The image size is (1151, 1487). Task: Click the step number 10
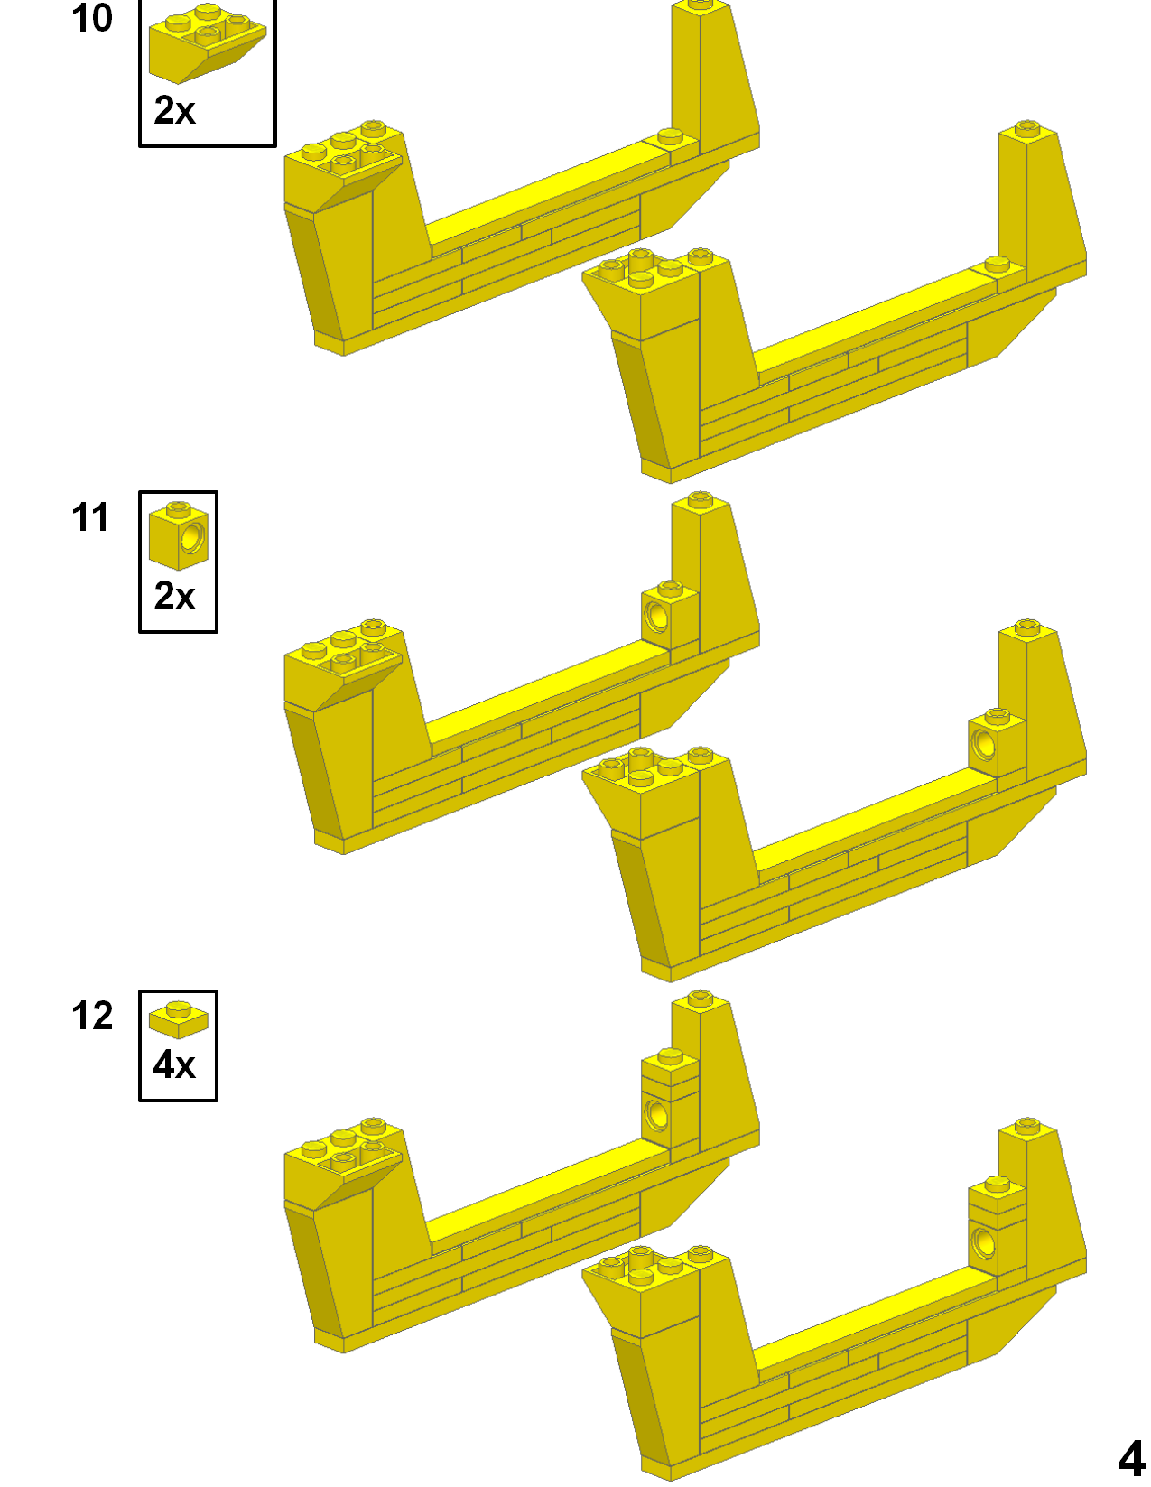click(x=92, y=19)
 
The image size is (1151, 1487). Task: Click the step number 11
click(x=90, y=517)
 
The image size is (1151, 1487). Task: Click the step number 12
click(x=92, y=1016)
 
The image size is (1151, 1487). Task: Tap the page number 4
click(x=1130, y=1457)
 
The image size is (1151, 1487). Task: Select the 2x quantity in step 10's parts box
click(x=174, y=111)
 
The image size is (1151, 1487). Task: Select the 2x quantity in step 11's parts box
click(x=174, y=596)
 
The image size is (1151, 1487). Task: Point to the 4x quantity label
click(x=174, y=1065)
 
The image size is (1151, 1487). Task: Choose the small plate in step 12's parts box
click(x=179, y=1019)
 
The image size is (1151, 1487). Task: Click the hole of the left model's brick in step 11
click(x=657, y=617)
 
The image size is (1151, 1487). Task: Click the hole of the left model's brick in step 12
click(x=657, y=1115)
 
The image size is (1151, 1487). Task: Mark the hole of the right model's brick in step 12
click(x=984, y=1243)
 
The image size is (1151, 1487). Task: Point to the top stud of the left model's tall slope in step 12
click(x=701, y=998)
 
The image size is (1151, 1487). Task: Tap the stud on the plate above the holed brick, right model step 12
click(x=998, y=1183)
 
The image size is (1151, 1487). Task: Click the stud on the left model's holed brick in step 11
click(x=670, y=588)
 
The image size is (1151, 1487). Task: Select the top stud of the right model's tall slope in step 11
click(x=1027, y=626)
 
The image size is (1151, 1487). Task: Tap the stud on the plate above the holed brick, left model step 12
click(x=670, y=1055)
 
